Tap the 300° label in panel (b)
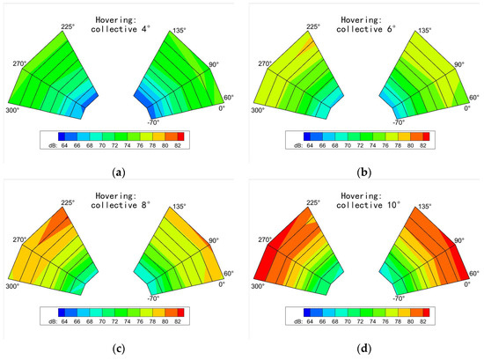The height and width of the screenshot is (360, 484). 258,111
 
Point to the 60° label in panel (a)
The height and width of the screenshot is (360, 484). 234,98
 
